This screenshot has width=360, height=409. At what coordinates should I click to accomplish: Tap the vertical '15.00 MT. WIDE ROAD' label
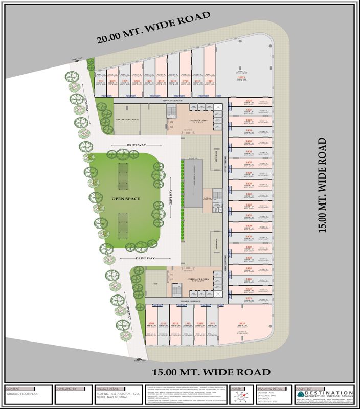click(x=322, y=185)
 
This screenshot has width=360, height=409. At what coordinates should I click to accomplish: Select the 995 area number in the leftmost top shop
click(x=101, y=80)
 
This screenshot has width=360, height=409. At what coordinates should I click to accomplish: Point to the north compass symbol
click(x=238, y=397)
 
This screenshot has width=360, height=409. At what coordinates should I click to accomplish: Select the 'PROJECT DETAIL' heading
click(x=107, y=388)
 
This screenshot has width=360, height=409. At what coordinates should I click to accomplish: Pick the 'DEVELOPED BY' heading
click(x=67, y=388)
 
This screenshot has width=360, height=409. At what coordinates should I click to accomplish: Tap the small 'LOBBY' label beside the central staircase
click(x=208, y=197)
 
